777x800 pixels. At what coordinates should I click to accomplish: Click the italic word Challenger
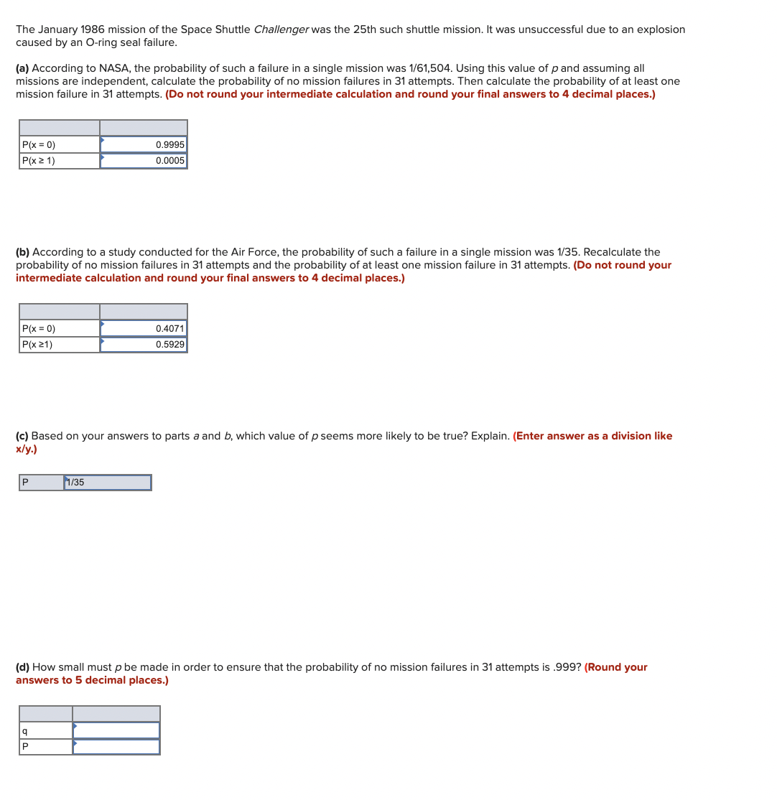(x=281, y=29)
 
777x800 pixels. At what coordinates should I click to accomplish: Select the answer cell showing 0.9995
(x=144, y=144)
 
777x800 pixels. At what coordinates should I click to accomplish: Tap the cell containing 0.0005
(x=144, y=161)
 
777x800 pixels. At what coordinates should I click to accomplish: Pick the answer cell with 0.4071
(x=144, y=328)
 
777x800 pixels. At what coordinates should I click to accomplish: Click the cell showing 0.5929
(x=144, y=345)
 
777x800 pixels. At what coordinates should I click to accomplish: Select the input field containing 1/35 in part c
(x=108, y=483)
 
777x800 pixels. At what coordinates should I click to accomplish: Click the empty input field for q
(x=116, y=730)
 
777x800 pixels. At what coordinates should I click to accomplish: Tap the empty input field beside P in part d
(x=116, y=747)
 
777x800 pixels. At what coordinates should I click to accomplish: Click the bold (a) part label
(x=23, y=68)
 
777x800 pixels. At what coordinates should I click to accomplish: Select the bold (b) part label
(x=23, y=252)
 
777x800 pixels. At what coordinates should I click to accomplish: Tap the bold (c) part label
(x=22, y=436)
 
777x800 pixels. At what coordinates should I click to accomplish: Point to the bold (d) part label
(x=23, y=667)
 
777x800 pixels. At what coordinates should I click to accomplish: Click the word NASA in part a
(x=113, y=68)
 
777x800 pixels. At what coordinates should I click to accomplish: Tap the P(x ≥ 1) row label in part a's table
(x=39, y=161)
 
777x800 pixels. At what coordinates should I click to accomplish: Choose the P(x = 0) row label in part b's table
(x=39, y=328)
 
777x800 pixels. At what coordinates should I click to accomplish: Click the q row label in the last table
(x=25, y=730)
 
